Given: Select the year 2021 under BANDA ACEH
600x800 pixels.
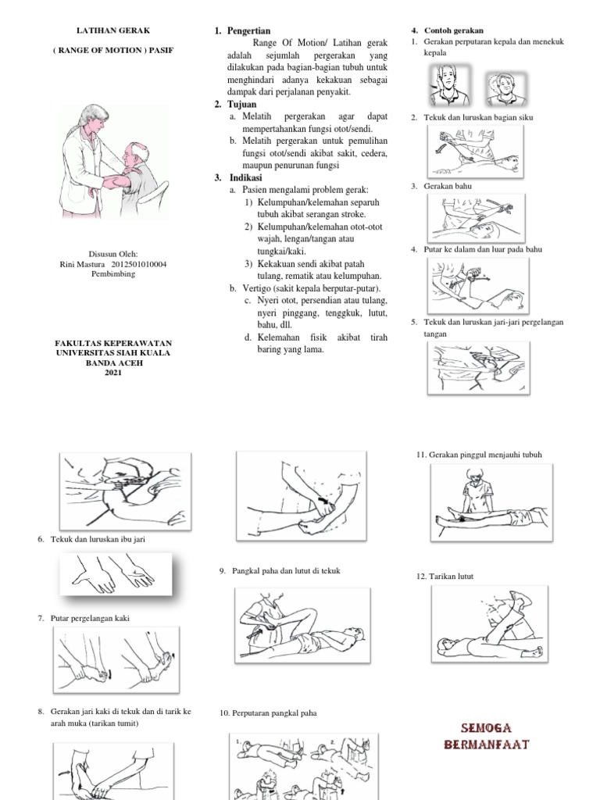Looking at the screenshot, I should tap(113, 373).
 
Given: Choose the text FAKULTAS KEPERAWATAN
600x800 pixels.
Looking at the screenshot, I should tap(113, 343).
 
